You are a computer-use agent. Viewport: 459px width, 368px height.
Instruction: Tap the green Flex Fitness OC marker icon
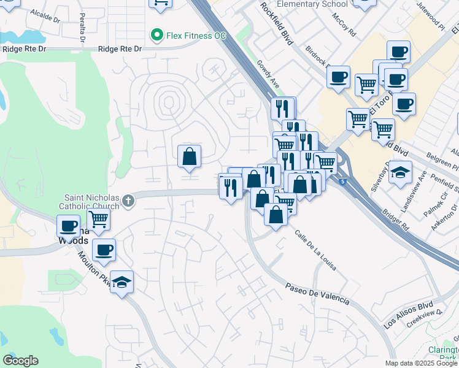(157, 35)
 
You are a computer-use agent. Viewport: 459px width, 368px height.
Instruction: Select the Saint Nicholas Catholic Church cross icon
(128, 200)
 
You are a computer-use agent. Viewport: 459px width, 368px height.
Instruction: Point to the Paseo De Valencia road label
(317, 293)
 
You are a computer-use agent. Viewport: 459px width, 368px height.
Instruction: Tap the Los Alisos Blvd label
(407, 314)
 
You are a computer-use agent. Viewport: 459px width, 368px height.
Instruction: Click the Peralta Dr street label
(82, 29)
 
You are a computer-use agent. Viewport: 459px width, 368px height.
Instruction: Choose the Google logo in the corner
(20, 361)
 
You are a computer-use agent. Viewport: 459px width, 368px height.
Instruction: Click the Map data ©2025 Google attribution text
(421, 363)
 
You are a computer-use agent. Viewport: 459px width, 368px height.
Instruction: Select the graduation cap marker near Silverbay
(401, 173)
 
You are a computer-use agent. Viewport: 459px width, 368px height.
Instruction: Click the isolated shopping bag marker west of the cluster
(190, 157)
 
